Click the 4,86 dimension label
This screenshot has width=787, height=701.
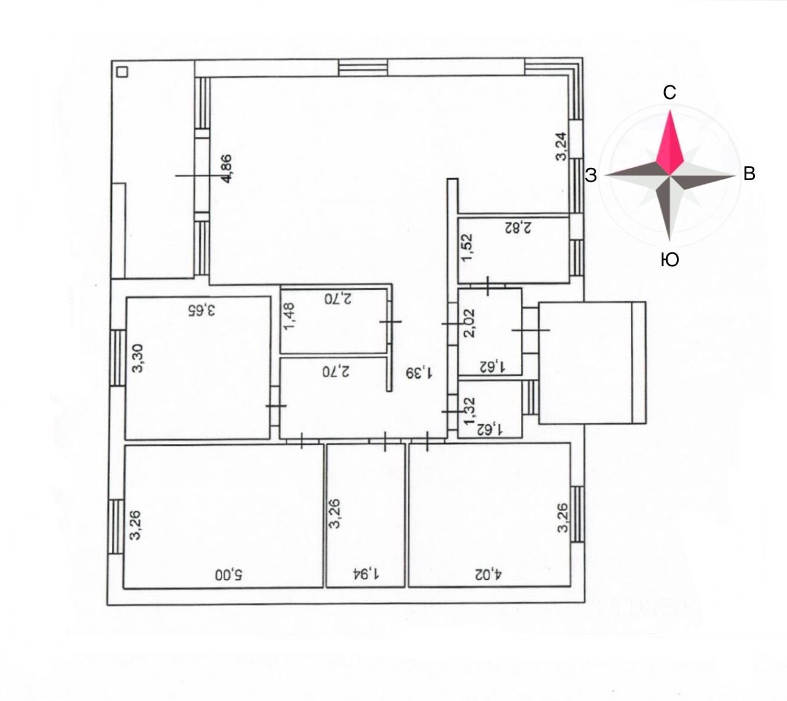point(226,168)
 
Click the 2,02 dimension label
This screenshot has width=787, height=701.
point(469,323)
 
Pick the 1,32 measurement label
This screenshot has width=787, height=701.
point(469,411)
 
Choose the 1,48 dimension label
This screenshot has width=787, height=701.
point(289,315)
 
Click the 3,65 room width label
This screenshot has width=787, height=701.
point(203,309)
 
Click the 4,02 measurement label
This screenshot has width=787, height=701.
point(489,575)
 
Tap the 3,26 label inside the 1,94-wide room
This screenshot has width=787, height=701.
point(335,515)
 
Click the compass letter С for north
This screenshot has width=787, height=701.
point(670,92)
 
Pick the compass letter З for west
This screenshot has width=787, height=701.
point(591,176)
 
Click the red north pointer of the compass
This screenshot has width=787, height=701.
point(670,141)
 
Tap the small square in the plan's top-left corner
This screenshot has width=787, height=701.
point(122,72)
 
